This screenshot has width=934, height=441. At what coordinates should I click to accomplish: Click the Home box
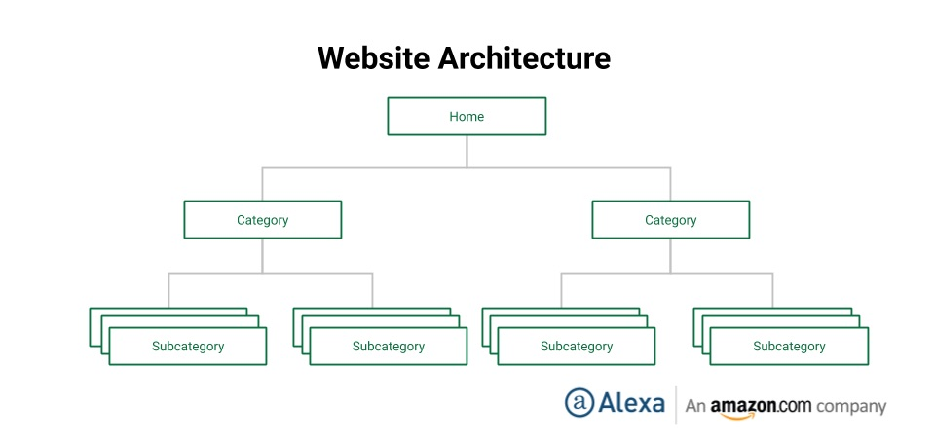(467, 116)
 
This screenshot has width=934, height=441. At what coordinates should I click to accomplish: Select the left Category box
(262, 220)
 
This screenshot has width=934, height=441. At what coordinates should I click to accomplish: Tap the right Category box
(670, 220)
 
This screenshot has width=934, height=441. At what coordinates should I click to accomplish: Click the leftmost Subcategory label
(188, 347)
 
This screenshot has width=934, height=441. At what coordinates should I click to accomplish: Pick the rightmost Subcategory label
(789, 347)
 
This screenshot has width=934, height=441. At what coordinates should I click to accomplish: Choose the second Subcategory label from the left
(389, 347)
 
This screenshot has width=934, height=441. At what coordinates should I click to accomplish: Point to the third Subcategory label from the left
(577, 347)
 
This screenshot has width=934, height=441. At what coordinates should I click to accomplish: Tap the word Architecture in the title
(523, 57)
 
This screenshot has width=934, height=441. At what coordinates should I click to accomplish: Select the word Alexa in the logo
(631, 403)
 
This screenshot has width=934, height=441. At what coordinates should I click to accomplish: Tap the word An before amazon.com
(694, 406)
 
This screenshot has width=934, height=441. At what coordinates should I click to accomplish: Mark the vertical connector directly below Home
(467, 151)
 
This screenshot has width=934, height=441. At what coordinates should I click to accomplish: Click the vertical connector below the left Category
(262, 255)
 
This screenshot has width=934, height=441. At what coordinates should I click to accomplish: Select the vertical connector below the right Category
(670, 255)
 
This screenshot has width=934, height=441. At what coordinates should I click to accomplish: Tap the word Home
(467, 116)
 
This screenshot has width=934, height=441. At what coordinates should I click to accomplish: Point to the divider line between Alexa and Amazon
(676, 404)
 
